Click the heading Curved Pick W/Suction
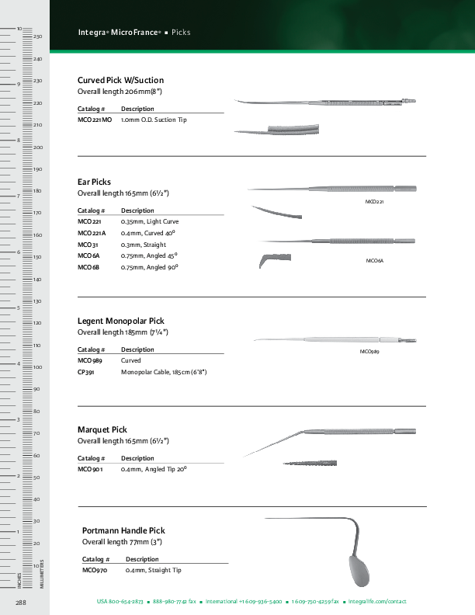tap(120, 80)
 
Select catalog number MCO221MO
tap(95, 120)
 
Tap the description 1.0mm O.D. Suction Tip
tap(154, 120)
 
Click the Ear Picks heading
tap(94, 182)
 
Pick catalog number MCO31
tap(88, 245)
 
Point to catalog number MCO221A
tap(92, 233)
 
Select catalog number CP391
tap(86, 372)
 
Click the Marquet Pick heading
tap(102, 429)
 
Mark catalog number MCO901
tap(90, 470)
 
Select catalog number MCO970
tap(94, 570)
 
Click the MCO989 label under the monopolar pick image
tap(369, 352)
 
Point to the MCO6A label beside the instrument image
tap(374, 260)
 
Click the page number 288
tap(22, 602)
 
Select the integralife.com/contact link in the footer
tap(377, 602)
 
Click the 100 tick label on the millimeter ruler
tap(36, 367)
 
